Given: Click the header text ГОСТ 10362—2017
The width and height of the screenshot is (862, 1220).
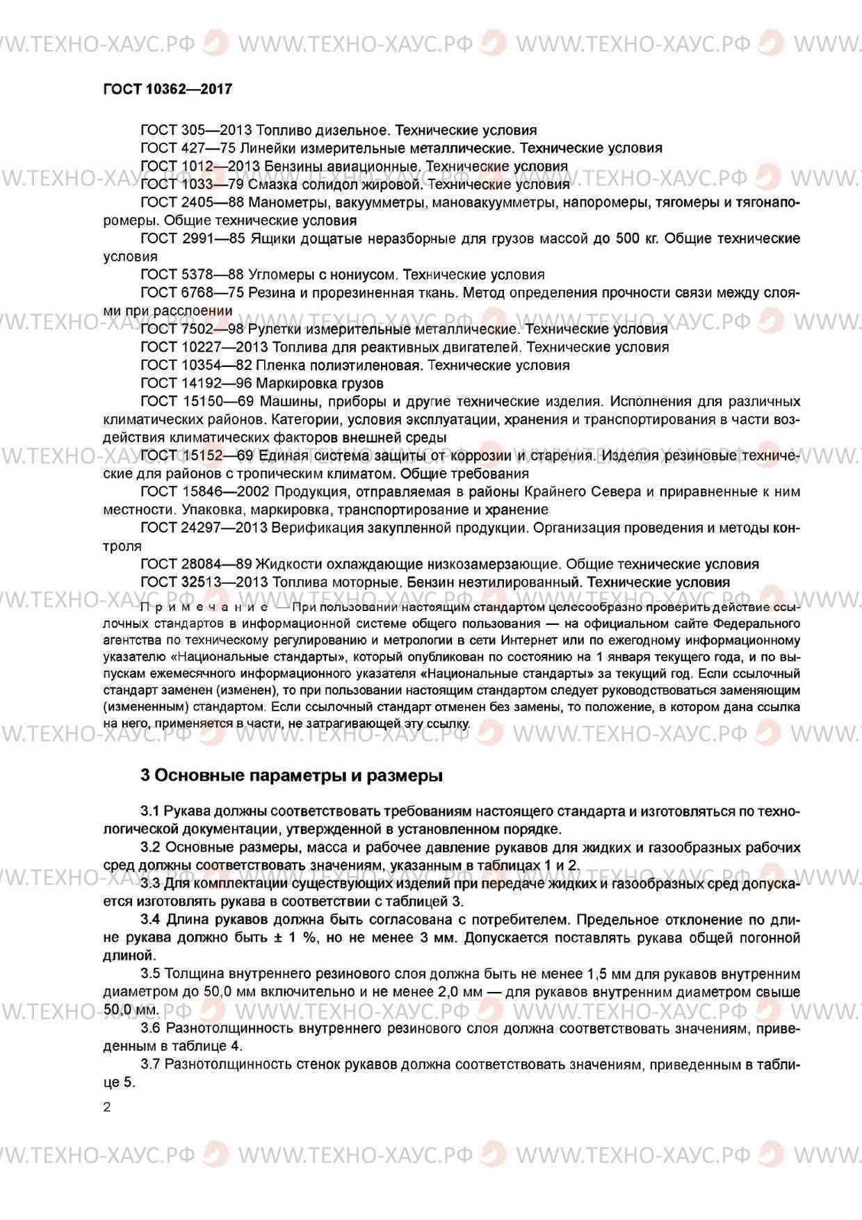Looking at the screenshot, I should click(x=167, y=89).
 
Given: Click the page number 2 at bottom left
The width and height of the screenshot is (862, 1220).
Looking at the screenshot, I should click(x=106, y=1107).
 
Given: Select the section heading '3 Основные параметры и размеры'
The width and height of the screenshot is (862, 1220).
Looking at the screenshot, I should click(x=291, y=775).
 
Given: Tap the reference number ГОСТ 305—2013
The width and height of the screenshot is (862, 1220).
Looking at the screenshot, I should click(x=196, y=130).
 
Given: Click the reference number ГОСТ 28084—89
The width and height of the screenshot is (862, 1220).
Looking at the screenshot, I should click(x=196, y=564).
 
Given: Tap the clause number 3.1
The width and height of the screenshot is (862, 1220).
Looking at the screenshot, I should click(x=150, y=811).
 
